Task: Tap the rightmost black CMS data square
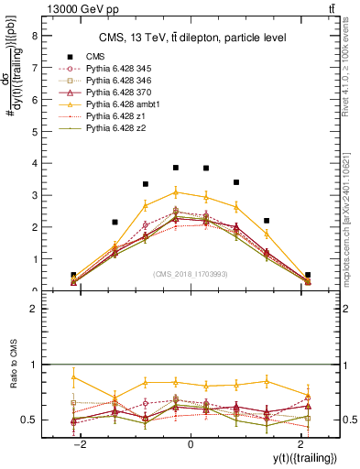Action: click(308, 275)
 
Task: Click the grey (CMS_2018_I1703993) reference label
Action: click(191, 274)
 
